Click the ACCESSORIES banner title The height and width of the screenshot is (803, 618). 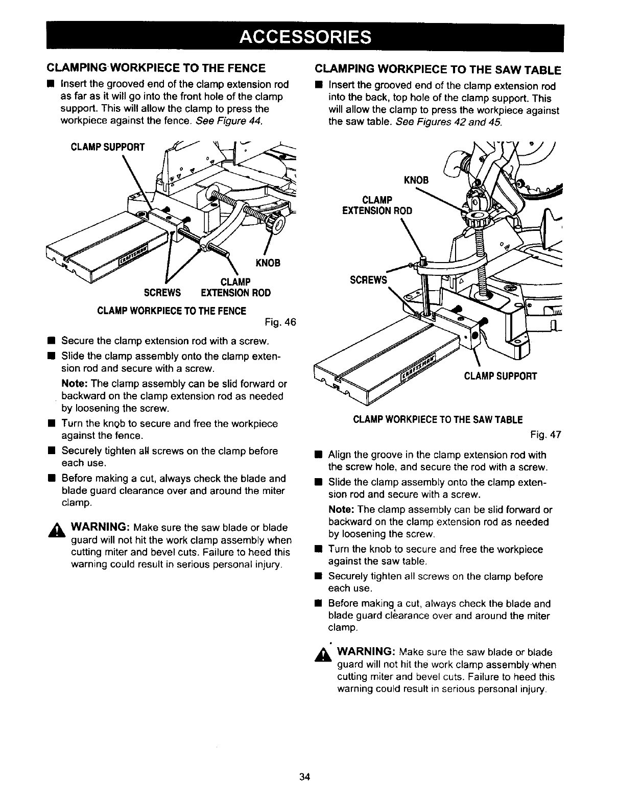click(x=305, y=37)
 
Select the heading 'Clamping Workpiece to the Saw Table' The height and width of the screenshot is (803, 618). click(x=438, y=70)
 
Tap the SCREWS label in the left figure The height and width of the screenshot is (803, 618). click(x=162, y=293)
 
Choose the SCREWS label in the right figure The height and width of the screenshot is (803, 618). click(x=368, y=280)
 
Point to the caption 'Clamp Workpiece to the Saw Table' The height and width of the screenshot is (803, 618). click(x=438, y=420)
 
